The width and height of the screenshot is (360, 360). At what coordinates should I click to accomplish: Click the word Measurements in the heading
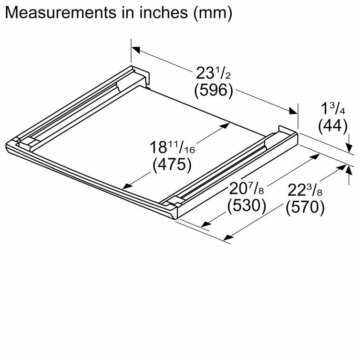[55, 13]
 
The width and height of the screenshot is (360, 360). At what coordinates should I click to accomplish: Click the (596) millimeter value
[213, 90]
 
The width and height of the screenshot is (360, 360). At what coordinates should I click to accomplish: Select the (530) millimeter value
[247, 206]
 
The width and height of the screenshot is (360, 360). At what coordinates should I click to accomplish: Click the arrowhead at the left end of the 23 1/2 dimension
[136, 49]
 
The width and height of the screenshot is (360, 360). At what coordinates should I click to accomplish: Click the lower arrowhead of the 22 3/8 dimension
[228, 236]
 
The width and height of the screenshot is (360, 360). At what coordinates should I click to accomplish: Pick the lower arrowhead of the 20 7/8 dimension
[206, 224]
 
